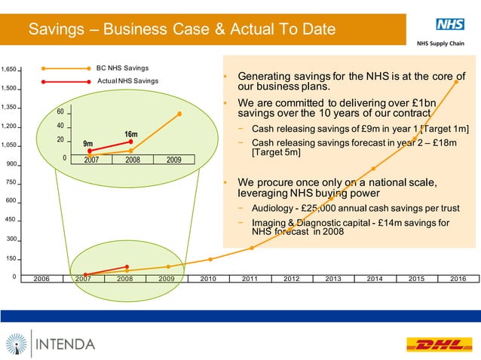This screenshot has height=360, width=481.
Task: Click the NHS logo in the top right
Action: click(x=449, y=24)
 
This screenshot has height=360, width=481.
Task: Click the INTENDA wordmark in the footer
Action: click(x=65, y=344)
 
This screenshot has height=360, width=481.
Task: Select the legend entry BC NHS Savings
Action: click(x=122, y=68)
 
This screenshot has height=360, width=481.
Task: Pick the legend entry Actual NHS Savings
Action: click(x=127, y=81)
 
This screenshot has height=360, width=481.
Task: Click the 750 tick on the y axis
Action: click(x=11, y=183)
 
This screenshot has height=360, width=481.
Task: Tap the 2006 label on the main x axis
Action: click(x=41, y=279)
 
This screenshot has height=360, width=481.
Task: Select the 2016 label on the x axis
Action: click(x=457, y=279)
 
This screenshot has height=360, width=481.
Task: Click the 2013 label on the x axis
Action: click(x=332, y=279)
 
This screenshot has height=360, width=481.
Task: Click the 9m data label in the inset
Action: click(x=87, y=143)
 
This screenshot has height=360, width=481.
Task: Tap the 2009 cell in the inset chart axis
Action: click(x=173, y=160)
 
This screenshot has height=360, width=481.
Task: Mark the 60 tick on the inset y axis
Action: click(x=60, y=112)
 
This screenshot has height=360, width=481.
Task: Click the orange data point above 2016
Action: click(x=456, y=82)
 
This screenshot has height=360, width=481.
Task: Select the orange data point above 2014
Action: click(x=373, y=169)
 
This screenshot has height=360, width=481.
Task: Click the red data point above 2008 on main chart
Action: click(x=127, y=267)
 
